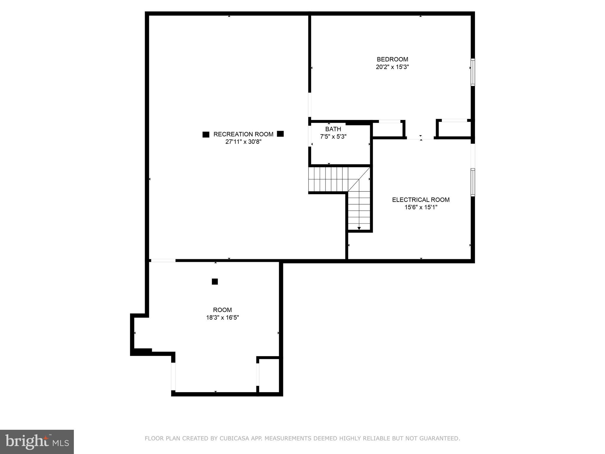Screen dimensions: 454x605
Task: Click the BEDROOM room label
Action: tap(392, 59)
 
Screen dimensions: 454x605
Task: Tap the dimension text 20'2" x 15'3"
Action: tap(392, 67)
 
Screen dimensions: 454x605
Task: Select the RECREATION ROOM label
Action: tap(243, 134)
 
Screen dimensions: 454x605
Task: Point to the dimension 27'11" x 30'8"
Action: tap(243, 142)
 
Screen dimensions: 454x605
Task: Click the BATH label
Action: tap(333, 129)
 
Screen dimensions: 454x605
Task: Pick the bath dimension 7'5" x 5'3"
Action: tap(333, 137)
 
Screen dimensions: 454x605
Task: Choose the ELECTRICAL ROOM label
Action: tap(421, 200)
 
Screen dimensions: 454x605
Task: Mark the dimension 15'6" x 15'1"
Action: tap(421, 207)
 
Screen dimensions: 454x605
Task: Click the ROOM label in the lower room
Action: tap(222, 310)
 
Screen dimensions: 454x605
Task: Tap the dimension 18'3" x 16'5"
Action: tap(222, 318)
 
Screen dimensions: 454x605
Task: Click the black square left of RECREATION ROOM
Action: tap(206, 134)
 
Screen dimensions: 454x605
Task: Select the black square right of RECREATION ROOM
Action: tap(280, 134)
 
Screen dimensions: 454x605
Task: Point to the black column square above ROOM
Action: tap(215, 282)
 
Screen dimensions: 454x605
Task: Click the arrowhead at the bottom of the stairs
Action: tap(359, 228)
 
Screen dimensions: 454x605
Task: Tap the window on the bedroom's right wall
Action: tap(473, 72)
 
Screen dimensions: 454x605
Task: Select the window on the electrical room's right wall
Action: tap(473, 182)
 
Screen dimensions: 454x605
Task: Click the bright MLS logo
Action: tap(37, 442)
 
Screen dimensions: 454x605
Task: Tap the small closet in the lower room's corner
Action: tap(269, 376)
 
